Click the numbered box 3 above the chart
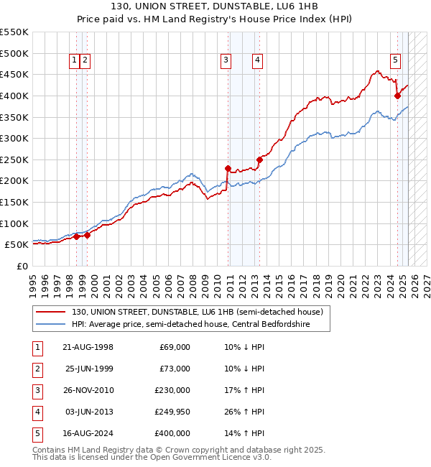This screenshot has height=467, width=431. pos(226,61)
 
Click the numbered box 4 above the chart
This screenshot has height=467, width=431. pos(256,61)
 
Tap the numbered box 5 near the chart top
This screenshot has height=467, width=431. pos(396,61)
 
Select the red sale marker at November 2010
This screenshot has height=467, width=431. pos(228,168)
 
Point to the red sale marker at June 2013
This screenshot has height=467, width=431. pos(259,159)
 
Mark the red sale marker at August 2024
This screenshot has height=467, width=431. pos(397,96)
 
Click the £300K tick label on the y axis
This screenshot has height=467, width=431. pos(14,138)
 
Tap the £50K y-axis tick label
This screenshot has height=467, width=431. pos(17,245)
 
